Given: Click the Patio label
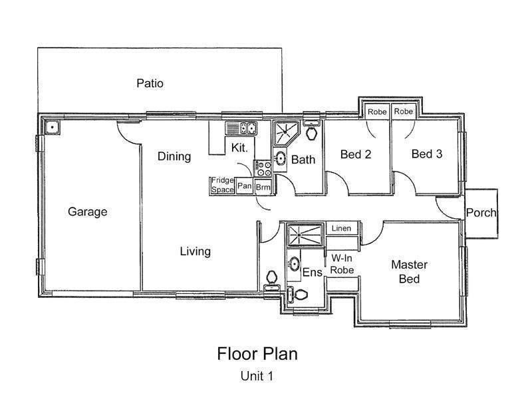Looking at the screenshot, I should click(x=150, y=84).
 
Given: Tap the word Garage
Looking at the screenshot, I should click(x=87, y=212).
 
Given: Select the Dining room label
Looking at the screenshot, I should click(x=174, y=157).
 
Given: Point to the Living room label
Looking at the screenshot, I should click(x=195, y=251).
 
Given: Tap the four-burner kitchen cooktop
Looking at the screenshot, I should click(x=263, y=169).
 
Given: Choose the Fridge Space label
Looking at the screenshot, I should click(x=223, y=185).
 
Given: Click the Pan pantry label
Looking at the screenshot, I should click(x=244, y=186).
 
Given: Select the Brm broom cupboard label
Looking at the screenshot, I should click(x=263, y=187).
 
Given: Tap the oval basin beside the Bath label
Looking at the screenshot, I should click(x=281, y=159).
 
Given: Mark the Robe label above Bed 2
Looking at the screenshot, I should click(x=377, y=112).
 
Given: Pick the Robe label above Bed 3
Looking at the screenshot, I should click(x=403, y=112).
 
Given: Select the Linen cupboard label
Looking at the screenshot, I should click(x=341, y=229).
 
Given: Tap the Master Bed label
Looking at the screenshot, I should click(x=409, y=271).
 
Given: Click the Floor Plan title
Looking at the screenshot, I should click(x=257, y=354).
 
